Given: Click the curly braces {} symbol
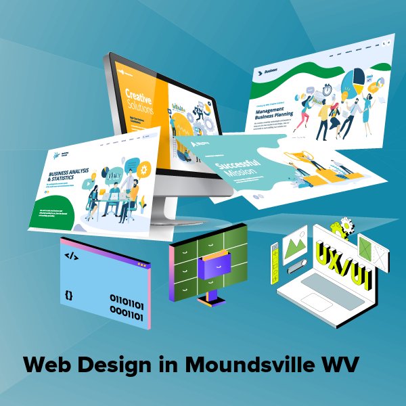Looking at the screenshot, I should click(x=69, y=295).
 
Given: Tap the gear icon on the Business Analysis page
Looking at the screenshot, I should click(x=143, y=167).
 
